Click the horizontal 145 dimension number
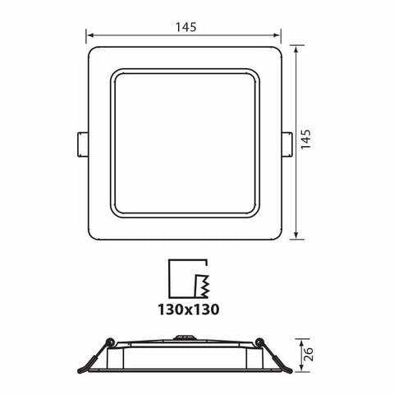pos(185,26)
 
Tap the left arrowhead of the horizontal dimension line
pos(90,36)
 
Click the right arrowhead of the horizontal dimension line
pos(278,36)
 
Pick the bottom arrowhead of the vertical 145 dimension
pos(295,237)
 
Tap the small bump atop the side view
pos(185,336)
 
